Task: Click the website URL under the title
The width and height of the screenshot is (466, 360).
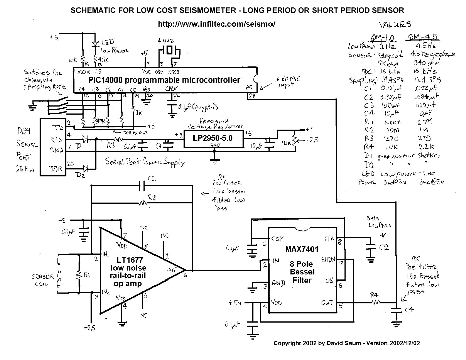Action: (x=217, y=24)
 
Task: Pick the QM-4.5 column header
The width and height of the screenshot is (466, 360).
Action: (x=422, y=37)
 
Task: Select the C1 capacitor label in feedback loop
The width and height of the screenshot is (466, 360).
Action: (x=150, y=178)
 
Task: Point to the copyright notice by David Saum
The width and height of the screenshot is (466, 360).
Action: (x=346, y=343)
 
